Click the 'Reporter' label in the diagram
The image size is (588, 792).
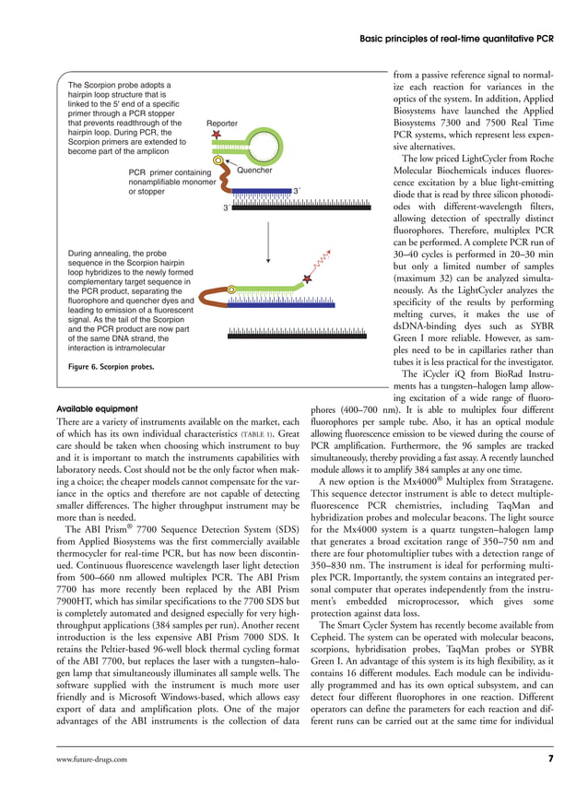221,123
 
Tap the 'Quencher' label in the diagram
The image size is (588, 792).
255,171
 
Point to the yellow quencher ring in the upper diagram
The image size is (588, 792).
218,161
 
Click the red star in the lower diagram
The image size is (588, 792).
307,278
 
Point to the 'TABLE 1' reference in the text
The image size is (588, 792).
255,434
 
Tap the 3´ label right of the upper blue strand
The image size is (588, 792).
296,190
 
